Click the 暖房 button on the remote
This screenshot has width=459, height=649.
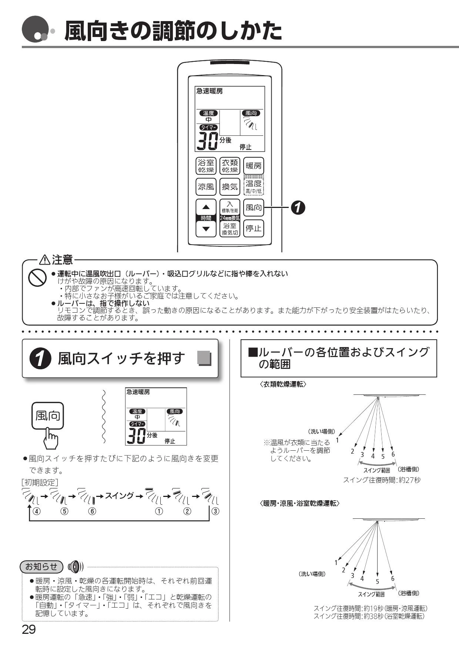tap(254, 166)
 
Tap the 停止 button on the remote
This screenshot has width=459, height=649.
tap(254, 228)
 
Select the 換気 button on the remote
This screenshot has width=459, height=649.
tap(229, 187)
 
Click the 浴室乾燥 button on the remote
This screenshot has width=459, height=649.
tap(206, 166)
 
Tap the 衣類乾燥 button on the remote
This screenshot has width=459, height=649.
tap(229, 166)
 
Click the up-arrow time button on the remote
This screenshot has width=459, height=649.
tap(206, 207)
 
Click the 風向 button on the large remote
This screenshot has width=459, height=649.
tap(254, 208)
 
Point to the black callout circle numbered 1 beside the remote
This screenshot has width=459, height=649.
tap(298, 208)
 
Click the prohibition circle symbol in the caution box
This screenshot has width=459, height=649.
tap(37, 278)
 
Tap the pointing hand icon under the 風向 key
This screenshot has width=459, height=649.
tap(51, 439)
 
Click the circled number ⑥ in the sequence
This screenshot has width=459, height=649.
tap(92, 511)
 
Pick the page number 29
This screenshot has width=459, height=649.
tap(29, 629)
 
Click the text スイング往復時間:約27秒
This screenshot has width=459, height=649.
tap(382, 480)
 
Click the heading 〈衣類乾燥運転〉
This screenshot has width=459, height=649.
tap(283, 384)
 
